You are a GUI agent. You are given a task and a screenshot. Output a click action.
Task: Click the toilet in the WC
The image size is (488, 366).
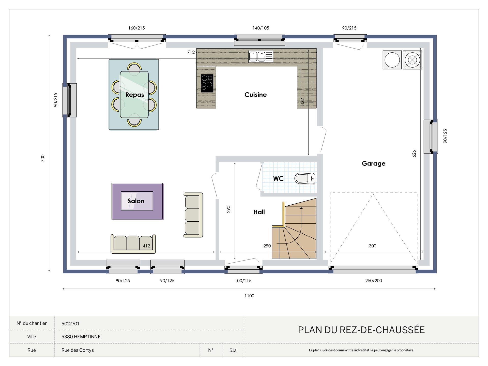tap(305, 178)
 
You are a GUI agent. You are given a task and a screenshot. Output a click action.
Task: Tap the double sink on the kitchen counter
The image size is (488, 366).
tap(261, 56)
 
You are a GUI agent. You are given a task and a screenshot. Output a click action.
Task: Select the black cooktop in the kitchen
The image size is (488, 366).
tap(207, 83)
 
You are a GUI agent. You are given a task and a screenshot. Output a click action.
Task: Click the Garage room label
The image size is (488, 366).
tap(373, 163)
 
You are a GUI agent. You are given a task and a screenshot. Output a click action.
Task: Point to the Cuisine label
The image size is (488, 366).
tap(255, 95)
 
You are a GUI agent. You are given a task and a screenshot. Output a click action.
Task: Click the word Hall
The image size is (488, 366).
tap(259, 212)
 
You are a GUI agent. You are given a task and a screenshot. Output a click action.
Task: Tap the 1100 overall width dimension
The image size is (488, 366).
tap(249, 296)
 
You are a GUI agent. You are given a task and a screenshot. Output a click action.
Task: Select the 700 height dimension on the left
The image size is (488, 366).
tap(42, 158)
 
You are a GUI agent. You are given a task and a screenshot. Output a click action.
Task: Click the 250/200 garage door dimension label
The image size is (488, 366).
tap(373, 281)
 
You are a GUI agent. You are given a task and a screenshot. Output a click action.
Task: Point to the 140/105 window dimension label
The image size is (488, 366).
tap(261, 28)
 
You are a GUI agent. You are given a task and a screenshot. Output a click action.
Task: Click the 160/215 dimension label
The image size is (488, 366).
tap(136, 28)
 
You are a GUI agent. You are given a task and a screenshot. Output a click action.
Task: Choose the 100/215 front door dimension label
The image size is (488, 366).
tap(243, 281)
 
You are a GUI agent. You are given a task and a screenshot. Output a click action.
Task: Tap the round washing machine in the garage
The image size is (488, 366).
tap(392, 60)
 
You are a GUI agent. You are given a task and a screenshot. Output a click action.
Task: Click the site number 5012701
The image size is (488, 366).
tap(70, 324)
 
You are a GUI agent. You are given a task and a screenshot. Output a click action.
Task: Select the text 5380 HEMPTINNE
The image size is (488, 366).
tap(81, 337)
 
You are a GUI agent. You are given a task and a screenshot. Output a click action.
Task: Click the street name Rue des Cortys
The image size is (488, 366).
tap(78, 350)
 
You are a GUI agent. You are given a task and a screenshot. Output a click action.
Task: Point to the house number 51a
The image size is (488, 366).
tap(233, 350)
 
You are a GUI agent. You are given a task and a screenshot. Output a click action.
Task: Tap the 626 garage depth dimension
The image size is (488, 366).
tap(414, 154)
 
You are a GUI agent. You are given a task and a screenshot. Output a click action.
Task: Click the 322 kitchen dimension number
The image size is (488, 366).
tap(302, 102)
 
